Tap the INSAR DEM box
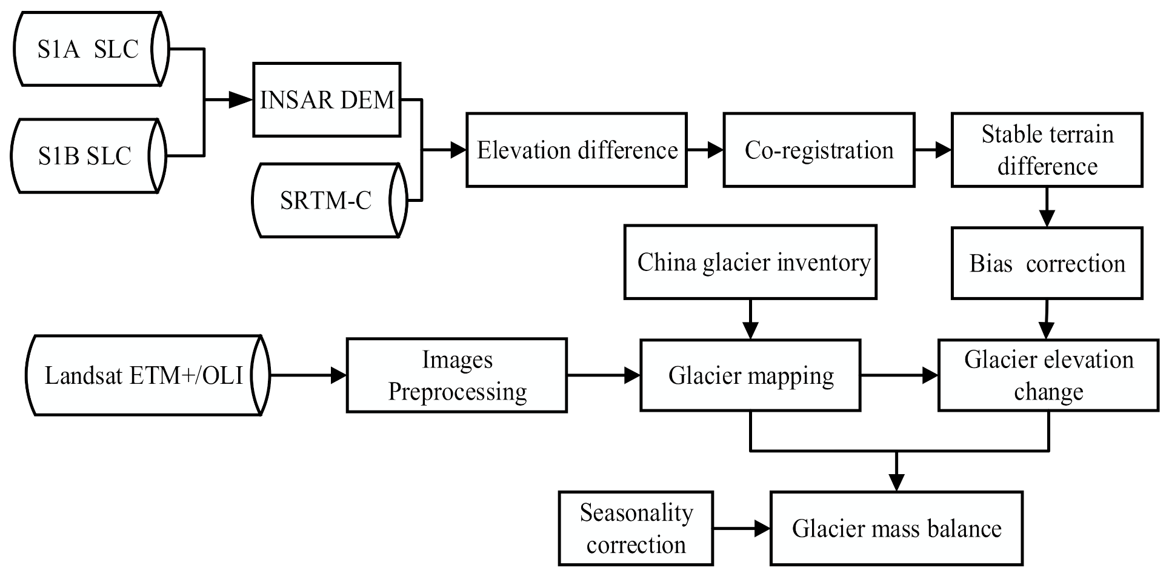click(327, 99)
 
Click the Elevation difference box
click(576, 150)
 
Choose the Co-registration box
click(818, 150)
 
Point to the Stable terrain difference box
click(1047, 150)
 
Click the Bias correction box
click(1047, 263)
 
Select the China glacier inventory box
click(750, 263)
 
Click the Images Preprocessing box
click(456, 375)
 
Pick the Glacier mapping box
click(750, 375)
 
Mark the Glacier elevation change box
click(1048, 375)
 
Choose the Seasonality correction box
click(635, 529)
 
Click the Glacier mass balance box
click(896, 529)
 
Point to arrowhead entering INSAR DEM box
click(241, 100)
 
